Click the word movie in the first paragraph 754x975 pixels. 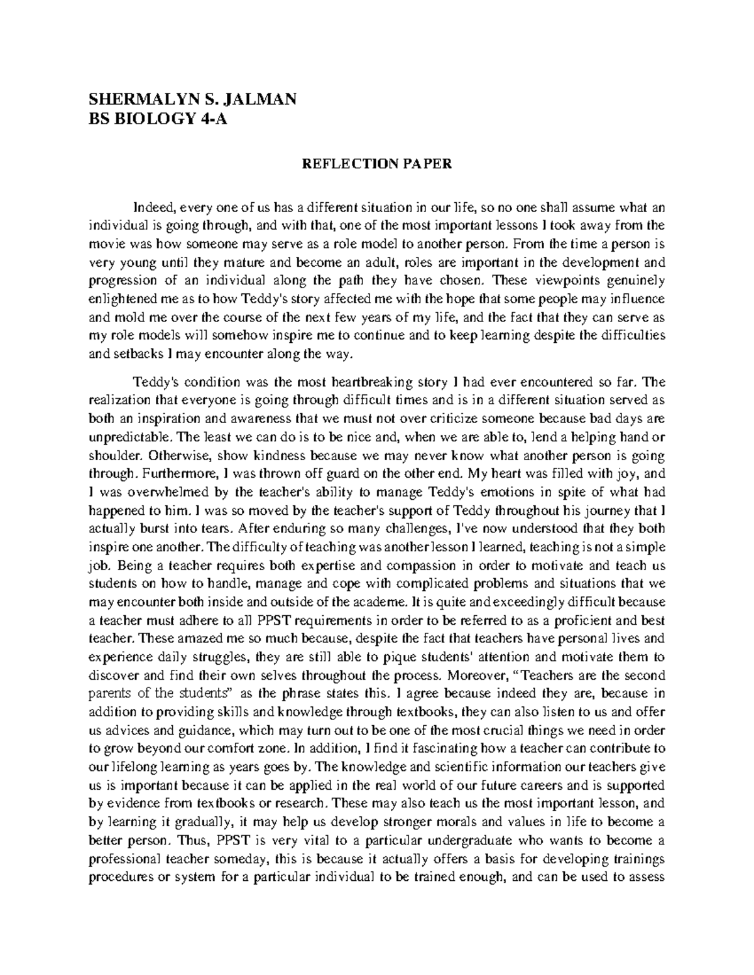[105, 245]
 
